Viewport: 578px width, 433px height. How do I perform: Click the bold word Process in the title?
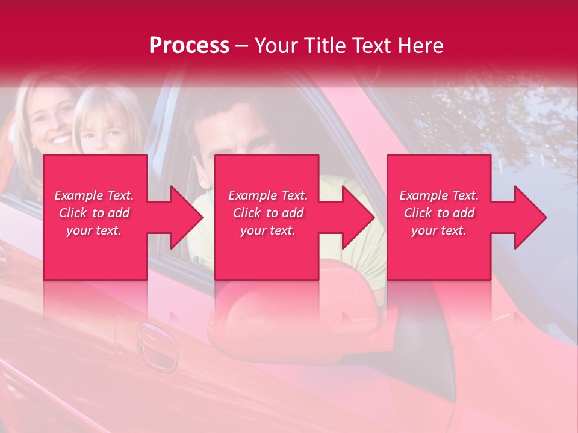coord(189,46)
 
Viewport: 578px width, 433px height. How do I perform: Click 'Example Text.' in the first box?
coord(95,195)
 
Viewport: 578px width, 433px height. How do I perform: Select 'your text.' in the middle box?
coord(267,230)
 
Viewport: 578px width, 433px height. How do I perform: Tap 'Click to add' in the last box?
coord(439,213)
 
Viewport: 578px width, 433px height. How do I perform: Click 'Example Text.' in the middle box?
coord(267,195)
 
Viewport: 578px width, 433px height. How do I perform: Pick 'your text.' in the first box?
coord(95,230)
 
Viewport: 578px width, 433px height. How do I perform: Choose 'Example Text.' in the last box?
coord(439,195)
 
